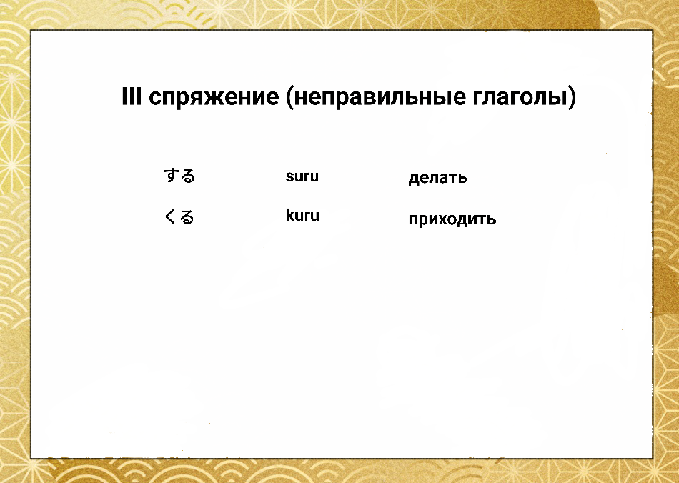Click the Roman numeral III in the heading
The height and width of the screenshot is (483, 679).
132,97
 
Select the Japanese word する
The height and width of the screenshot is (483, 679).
179,176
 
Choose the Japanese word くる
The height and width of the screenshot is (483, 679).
179,216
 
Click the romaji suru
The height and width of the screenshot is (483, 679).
302,176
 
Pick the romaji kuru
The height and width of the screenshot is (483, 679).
302,216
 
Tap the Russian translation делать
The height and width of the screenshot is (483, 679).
437,178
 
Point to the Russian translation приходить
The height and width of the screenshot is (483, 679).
452,219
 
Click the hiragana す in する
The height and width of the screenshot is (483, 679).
172,176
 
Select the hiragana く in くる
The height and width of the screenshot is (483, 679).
171,216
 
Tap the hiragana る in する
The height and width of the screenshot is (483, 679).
187,176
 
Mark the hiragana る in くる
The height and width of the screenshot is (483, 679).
187,216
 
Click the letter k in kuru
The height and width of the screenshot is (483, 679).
289,216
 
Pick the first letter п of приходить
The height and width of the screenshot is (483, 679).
413,220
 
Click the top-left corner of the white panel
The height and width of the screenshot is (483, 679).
31,31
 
